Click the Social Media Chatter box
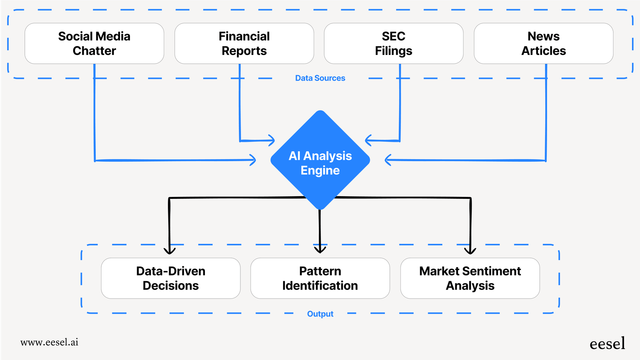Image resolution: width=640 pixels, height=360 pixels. [x=94, y=43]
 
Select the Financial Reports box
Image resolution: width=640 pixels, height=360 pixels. [x=244, y=43]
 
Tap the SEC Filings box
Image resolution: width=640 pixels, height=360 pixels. [x=394, y=43]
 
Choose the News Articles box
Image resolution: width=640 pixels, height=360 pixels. [x=544, y=43]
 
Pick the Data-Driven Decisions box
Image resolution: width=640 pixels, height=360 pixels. [x=171, y=278]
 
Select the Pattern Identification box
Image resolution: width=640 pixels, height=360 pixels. [x=320, y=278]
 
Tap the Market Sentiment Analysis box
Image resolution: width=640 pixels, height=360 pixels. [x=470, y=278]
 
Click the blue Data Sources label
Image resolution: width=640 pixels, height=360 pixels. [x=320, y=78]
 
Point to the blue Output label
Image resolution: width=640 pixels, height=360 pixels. [x=320, y=314]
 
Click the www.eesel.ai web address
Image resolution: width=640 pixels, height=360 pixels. [x=50, y=342]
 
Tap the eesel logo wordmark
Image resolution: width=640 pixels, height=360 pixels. [x=607, y=344]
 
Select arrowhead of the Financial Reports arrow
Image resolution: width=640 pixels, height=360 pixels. [x=272, y=140]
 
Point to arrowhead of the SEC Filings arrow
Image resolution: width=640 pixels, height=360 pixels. [x=367, y=140]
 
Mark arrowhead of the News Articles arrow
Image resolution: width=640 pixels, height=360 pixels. [x=387, y=160]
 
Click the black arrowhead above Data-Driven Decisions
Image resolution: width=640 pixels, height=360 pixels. [x=170, y=251]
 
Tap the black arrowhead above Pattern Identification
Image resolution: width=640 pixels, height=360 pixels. [x=320, y=250]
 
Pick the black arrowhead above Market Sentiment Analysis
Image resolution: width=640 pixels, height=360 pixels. [x=470, y=251]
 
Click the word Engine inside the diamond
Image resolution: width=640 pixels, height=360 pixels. [x=320, y=170]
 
